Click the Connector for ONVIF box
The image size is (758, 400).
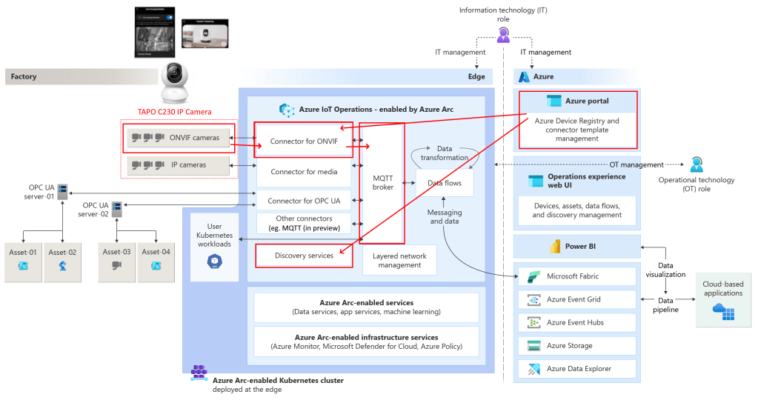pyautogui.click(x=302, y=141)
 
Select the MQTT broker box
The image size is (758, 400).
pyautogui.click(x=382, y=182)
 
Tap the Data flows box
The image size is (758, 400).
pyautogui.click(x=445, y=182)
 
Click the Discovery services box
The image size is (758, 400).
pyautogui.click(x=303, y=256)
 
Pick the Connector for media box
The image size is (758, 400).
pyautogui.click(x=303, y=172)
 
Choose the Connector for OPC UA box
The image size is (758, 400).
pyautogui.click(x=303, y=201)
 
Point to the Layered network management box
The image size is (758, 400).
pyautogui.click(x=399, y=260)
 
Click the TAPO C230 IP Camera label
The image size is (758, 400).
pyautogui.click(x=175, y=112)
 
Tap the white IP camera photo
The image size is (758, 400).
pyautogui.click(x=176, y=82)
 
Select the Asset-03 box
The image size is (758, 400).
pyautogui.click(x=116, y=261)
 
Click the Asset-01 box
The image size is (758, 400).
pyautogui.click(x=23, y=261)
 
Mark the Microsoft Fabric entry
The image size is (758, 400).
pyautogui.click(x=576, y=276)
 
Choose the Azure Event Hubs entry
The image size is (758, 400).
pyautogui.click(x=576, y=322)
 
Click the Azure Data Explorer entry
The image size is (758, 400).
pyautogui.click(x=576, y=368)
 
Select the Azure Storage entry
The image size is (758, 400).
pyautogui.click(x=576, y=345)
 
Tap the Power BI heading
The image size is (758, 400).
pyautogui.click(x=576, y=246)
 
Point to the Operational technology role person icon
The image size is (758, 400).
pyautogui.click(x=697, y=164)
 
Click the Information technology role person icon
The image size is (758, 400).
pyautogui.click(x=504, y=33)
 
